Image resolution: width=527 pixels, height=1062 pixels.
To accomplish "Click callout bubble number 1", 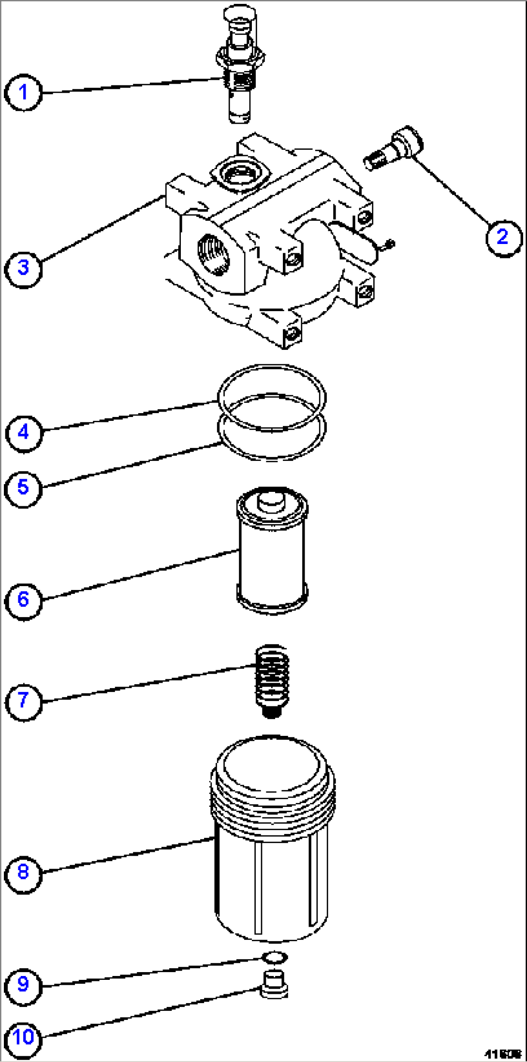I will point(23,92).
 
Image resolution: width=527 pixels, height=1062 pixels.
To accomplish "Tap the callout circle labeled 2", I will point(503,237).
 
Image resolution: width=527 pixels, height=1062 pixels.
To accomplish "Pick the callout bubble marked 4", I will point(23,432).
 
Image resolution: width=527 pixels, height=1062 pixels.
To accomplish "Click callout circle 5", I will point(23,488).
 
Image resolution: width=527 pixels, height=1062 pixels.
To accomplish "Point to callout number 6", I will point(23,600).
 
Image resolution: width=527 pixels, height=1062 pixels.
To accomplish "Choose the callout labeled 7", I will point(23,700).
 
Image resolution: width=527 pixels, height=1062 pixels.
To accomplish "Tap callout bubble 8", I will point(23,872).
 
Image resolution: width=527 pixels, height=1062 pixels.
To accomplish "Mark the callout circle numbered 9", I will point(23,984).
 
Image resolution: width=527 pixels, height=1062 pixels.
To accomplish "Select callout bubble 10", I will point(23,1037).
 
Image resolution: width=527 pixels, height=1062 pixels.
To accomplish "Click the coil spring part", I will point(272,679).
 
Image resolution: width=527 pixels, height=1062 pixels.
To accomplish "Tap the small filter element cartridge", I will point(272,551).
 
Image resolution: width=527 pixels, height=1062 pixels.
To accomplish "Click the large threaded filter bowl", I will point(272,841).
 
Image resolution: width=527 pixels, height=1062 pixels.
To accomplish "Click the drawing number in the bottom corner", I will point(503,1053).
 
